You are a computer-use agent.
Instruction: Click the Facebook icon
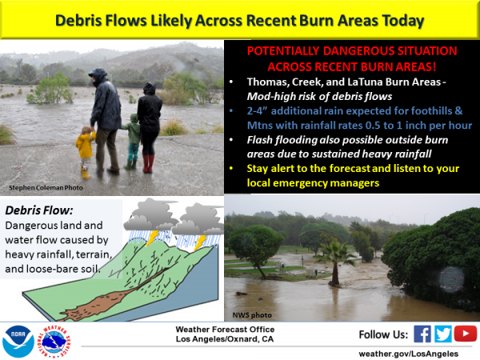[x=422, y=334]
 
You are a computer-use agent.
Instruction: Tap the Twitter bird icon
[x=442, y=334]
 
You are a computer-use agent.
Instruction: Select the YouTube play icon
[x=466, y=334]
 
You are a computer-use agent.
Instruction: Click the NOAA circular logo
[x=18, y=342]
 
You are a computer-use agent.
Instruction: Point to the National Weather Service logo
[x=54, y=342]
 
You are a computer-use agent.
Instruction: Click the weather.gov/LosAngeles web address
[x=408, y=354]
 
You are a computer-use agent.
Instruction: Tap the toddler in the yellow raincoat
[x=85, y=152]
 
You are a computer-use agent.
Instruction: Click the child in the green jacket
[x=133, y=141]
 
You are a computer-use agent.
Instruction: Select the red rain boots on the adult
[x=148, y=164]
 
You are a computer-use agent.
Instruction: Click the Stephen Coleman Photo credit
[x=46, y=188]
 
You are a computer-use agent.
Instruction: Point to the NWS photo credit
[x=252, y=315]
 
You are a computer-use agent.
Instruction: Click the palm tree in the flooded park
[x=335, y=263]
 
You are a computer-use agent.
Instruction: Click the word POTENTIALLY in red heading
[x=283, y=51]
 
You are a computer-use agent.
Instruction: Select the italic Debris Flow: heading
[x=39, y=210]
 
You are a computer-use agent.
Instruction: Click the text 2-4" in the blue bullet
[x=257, y=110]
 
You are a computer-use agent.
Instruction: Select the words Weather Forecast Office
[x=225, y=330]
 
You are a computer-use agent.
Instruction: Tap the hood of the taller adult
[x=98, y=74]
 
